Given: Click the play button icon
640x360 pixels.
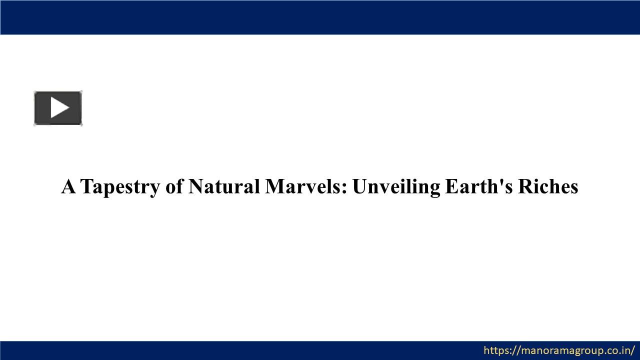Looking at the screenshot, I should click(x=58, y=108).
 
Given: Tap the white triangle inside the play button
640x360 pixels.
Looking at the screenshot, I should click(x=59, y=108).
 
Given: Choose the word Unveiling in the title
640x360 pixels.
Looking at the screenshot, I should click(x=396, y=187).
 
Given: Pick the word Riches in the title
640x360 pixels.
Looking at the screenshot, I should click(x=548, y=186).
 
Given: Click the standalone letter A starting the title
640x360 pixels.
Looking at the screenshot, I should click(x=68, y=186).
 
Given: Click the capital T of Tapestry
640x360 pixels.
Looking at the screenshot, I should click(x=86, y=186).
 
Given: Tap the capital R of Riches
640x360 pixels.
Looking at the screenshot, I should click(x=525, y=186).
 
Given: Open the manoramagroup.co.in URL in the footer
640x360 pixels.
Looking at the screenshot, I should click(x=559, y=350).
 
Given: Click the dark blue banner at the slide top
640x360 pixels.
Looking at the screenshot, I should click(x=320, y=17).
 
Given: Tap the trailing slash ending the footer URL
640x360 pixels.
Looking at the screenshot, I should click(x=633, y=350).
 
